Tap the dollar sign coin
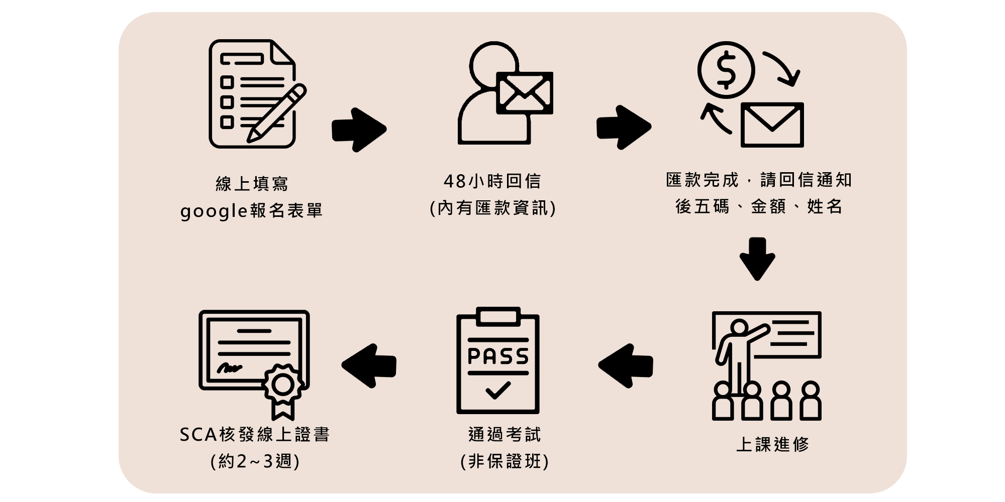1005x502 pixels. coord(726,70)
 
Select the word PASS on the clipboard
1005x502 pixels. coord(498,356)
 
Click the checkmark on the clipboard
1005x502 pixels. coord(498,390)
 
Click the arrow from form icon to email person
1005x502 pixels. coord(359,130)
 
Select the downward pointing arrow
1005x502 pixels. coord(757,259)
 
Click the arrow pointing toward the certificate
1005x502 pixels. coord(369,365)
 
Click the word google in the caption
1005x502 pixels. coord(214,211)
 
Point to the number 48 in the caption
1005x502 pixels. coord(455,181)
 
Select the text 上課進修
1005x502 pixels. coord(772,444)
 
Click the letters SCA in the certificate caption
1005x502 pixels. coord(198,435)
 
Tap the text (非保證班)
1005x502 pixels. coord(505,461)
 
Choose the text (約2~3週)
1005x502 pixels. coord(255,461)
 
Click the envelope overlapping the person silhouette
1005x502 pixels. coord(524,93)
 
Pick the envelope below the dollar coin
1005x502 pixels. coord(772,125)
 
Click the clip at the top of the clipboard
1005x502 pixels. coord(497,317)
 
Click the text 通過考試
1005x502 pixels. coord(505,435)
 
